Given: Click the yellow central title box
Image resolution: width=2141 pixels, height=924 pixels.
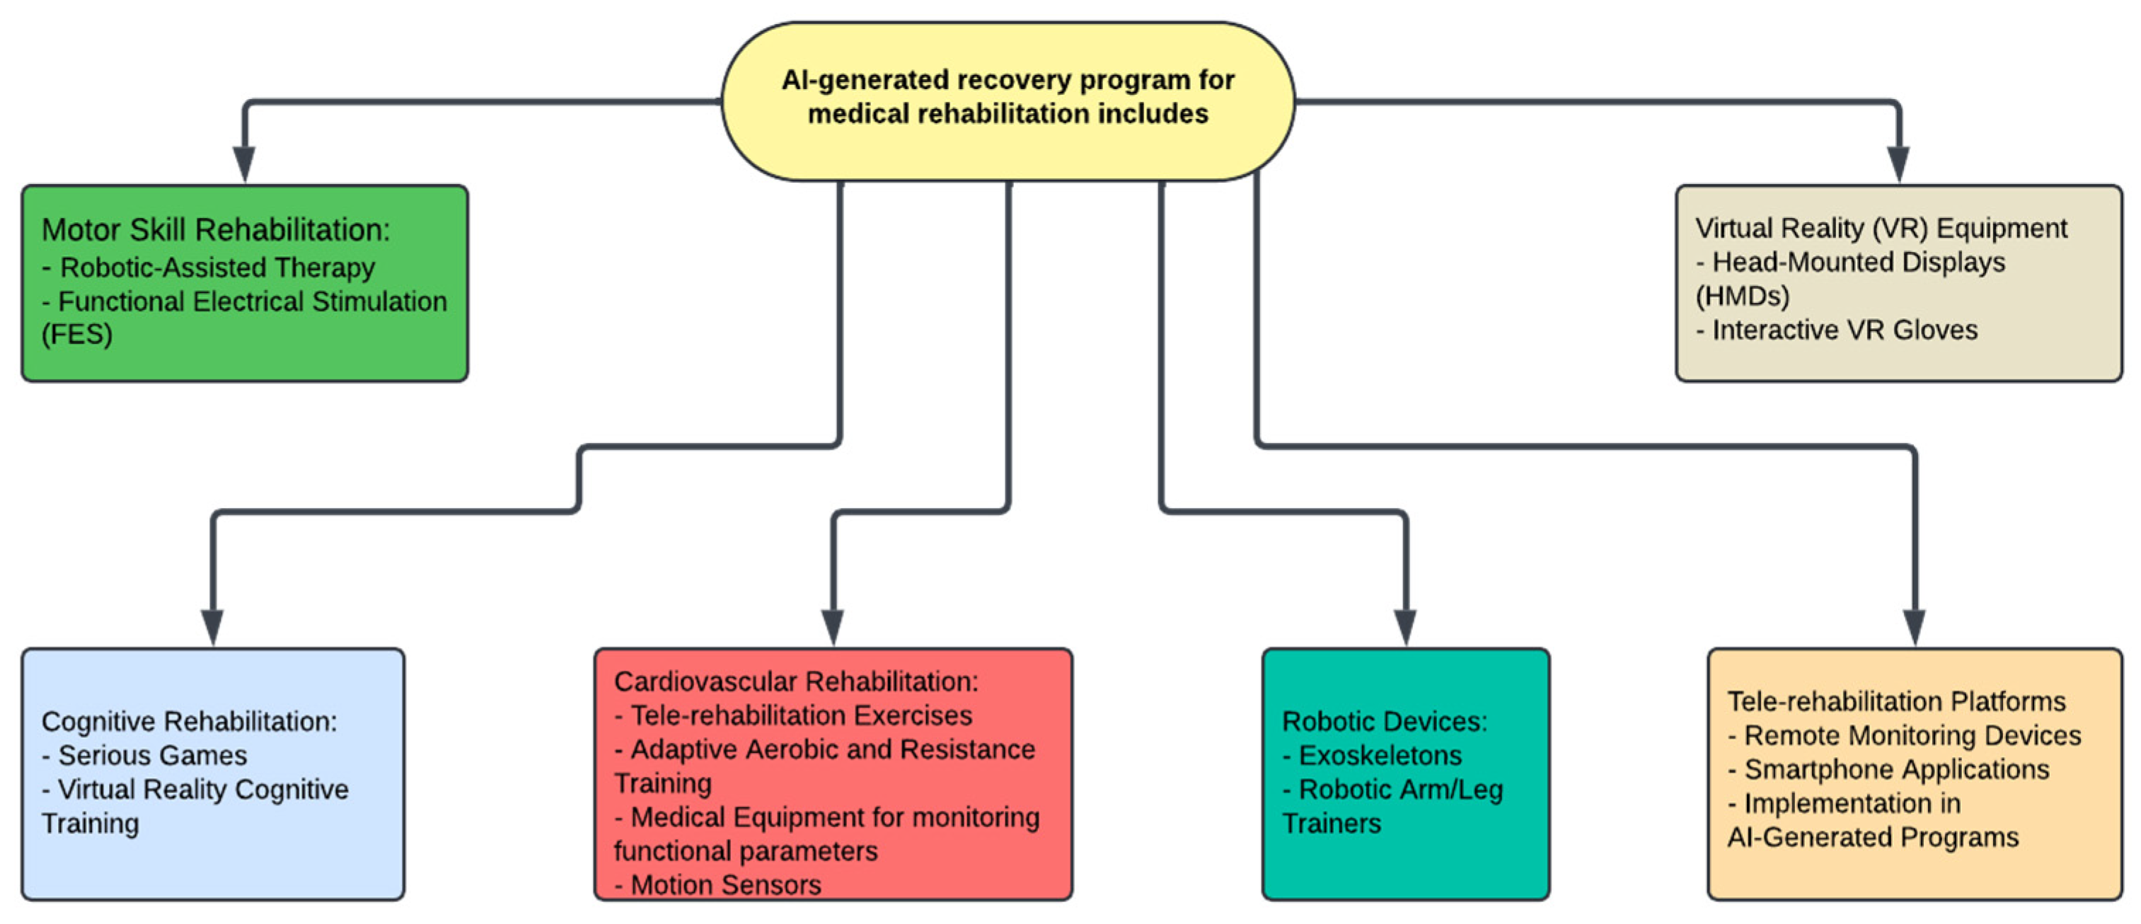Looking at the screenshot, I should (1008, 100).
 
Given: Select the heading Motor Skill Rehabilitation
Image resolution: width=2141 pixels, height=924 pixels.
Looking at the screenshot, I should (215, 230).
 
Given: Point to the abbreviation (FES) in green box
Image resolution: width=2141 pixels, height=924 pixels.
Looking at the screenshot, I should (76, 334).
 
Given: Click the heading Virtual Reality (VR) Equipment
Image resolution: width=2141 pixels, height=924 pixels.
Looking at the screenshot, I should (1881, 228).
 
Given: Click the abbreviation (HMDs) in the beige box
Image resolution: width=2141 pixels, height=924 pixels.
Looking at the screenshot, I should (1742, 296).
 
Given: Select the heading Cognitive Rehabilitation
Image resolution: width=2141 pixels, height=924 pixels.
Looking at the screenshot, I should (190, 721).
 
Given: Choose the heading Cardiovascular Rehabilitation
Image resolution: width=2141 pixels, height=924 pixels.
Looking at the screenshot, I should (795, 681).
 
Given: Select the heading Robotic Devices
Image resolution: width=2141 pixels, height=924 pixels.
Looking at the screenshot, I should (1384, 721).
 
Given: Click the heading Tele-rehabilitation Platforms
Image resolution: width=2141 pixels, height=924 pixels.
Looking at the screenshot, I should (1895, 701).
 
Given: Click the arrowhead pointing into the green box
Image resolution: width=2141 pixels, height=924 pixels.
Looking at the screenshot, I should (243, 163).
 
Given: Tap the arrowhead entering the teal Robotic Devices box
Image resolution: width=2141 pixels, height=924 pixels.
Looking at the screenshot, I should (1404, 627).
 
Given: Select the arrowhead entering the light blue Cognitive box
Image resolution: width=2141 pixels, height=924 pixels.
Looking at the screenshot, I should (213, 627).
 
